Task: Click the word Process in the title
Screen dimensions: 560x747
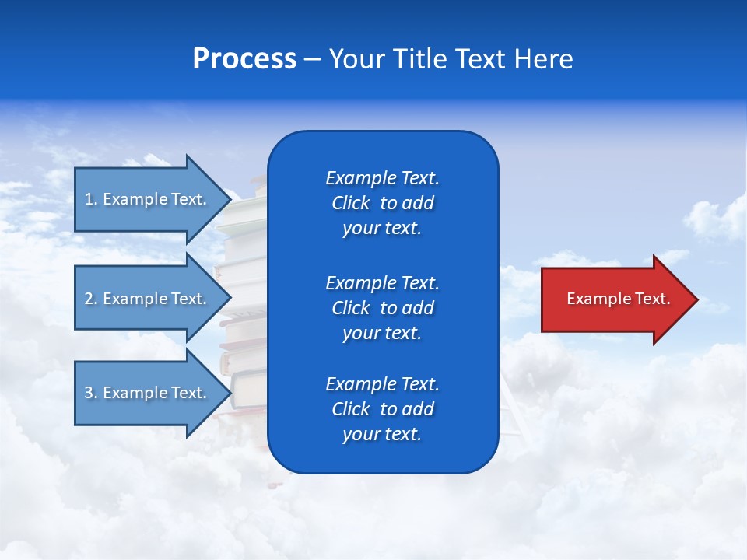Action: point(244,59)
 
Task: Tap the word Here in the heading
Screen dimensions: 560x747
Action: point(542,59)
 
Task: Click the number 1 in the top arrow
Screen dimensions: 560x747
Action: point(89,199)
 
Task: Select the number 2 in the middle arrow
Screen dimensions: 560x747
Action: point(89,299)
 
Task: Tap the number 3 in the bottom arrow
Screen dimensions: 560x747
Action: point(89,393)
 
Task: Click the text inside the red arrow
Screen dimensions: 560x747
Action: point(618,299)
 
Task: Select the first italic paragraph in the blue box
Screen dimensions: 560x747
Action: point(382,203)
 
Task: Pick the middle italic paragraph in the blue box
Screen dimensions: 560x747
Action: point(382,307)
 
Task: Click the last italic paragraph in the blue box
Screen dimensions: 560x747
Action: point(382,409)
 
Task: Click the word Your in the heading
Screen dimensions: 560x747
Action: point(357,59)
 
